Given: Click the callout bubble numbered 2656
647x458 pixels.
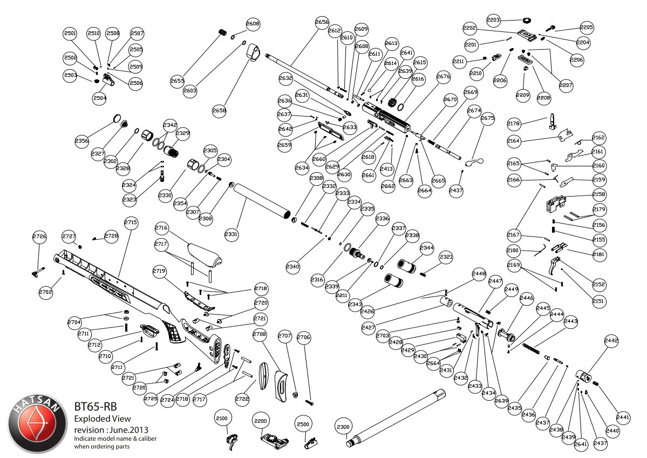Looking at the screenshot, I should pos(322,22).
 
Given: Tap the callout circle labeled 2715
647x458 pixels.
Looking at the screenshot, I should pos(131,223).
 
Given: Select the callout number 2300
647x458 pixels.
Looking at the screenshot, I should pos(343,426).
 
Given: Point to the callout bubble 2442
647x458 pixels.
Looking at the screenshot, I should pos(611,341).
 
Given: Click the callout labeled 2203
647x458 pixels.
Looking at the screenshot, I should pos(493,20).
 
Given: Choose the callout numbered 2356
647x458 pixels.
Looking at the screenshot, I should pos(82,141).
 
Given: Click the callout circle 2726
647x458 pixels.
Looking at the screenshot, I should pos(39,237).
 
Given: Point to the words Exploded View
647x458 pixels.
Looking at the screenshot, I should pos(102,419).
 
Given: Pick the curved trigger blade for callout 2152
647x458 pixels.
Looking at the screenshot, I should pos(555,267).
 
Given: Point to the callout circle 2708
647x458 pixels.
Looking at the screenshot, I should pos(260,335).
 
